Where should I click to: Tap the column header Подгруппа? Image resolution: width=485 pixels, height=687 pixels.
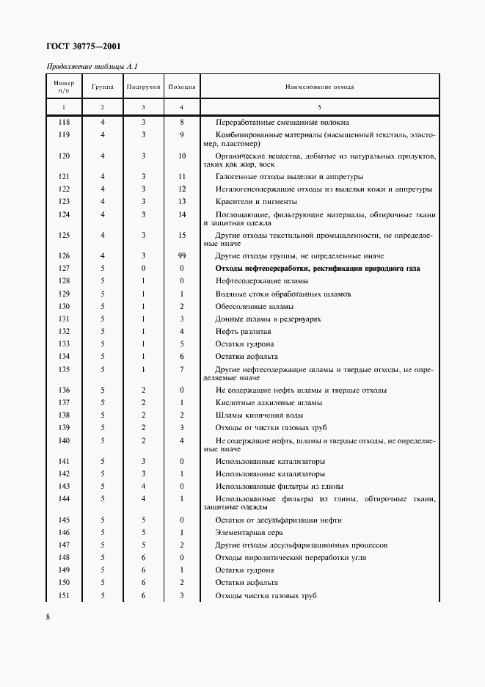[144, 87]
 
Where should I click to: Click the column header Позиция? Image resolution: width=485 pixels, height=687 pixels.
[181, 87]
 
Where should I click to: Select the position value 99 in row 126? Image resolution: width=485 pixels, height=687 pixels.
[181, 256]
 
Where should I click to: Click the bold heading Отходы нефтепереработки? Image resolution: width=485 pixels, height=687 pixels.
[317, 269]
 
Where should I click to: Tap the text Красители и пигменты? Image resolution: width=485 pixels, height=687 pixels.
[255, 201]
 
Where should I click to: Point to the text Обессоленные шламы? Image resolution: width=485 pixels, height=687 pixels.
[254, 306]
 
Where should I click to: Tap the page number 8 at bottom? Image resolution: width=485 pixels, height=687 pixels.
[48, 617]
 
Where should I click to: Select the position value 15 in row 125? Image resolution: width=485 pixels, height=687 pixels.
[181, 235]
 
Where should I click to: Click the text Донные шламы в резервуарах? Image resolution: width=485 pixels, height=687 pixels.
[268, 319]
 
